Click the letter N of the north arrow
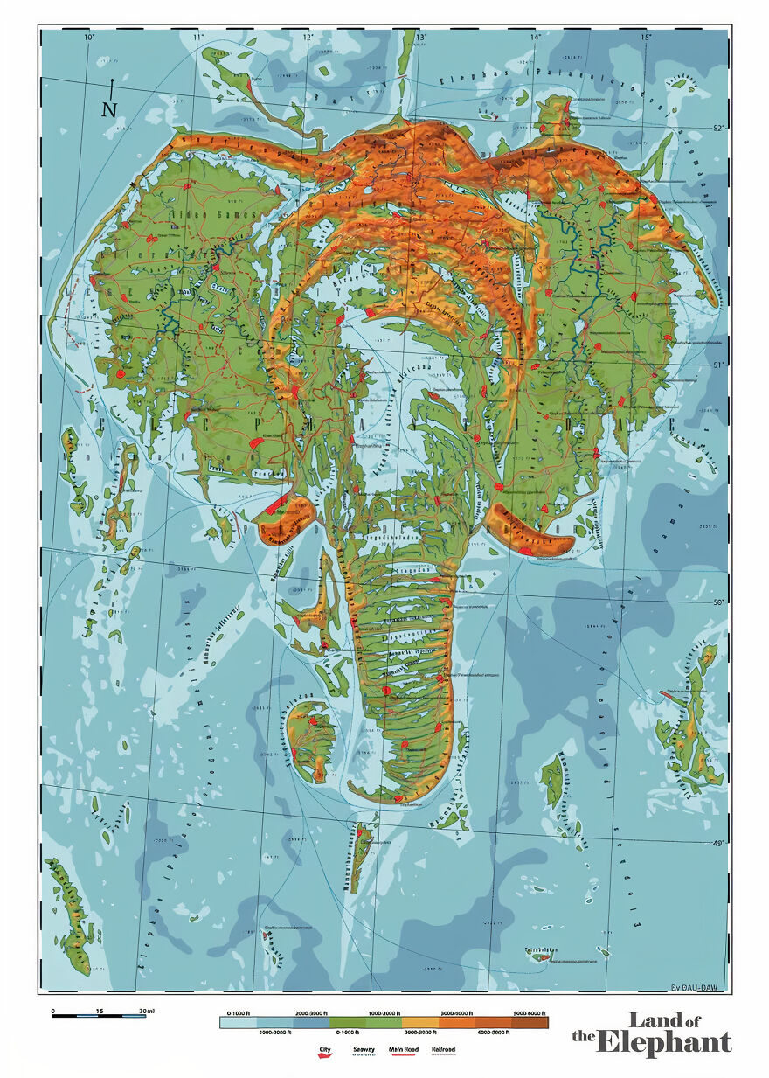[109, 109]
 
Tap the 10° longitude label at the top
[89, 37]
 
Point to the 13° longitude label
[421, 37]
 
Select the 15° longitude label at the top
[645, 37]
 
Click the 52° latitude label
[718, 129]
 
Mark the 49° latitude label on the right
[718, 843]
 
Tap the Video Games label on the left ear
[227, 215]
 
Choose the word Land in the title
[654, 1020]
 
